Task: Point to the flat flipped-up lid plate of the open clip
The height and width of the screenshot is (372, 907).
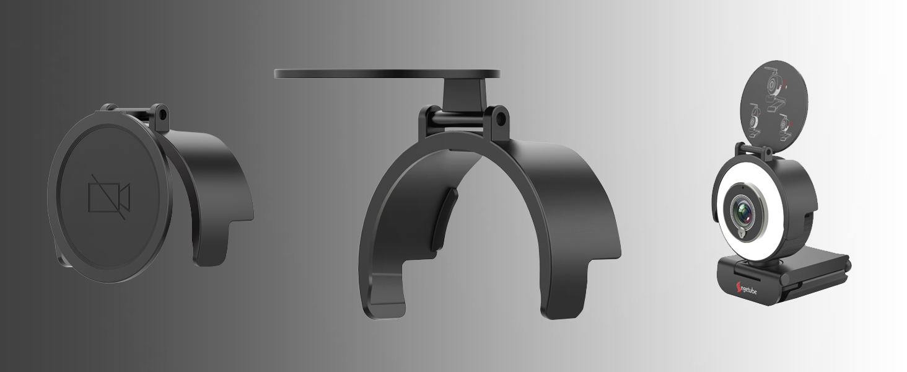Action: coord(387,73)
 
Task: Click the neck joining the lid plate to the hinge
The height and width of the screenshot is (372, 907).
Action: coord(463,92)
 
